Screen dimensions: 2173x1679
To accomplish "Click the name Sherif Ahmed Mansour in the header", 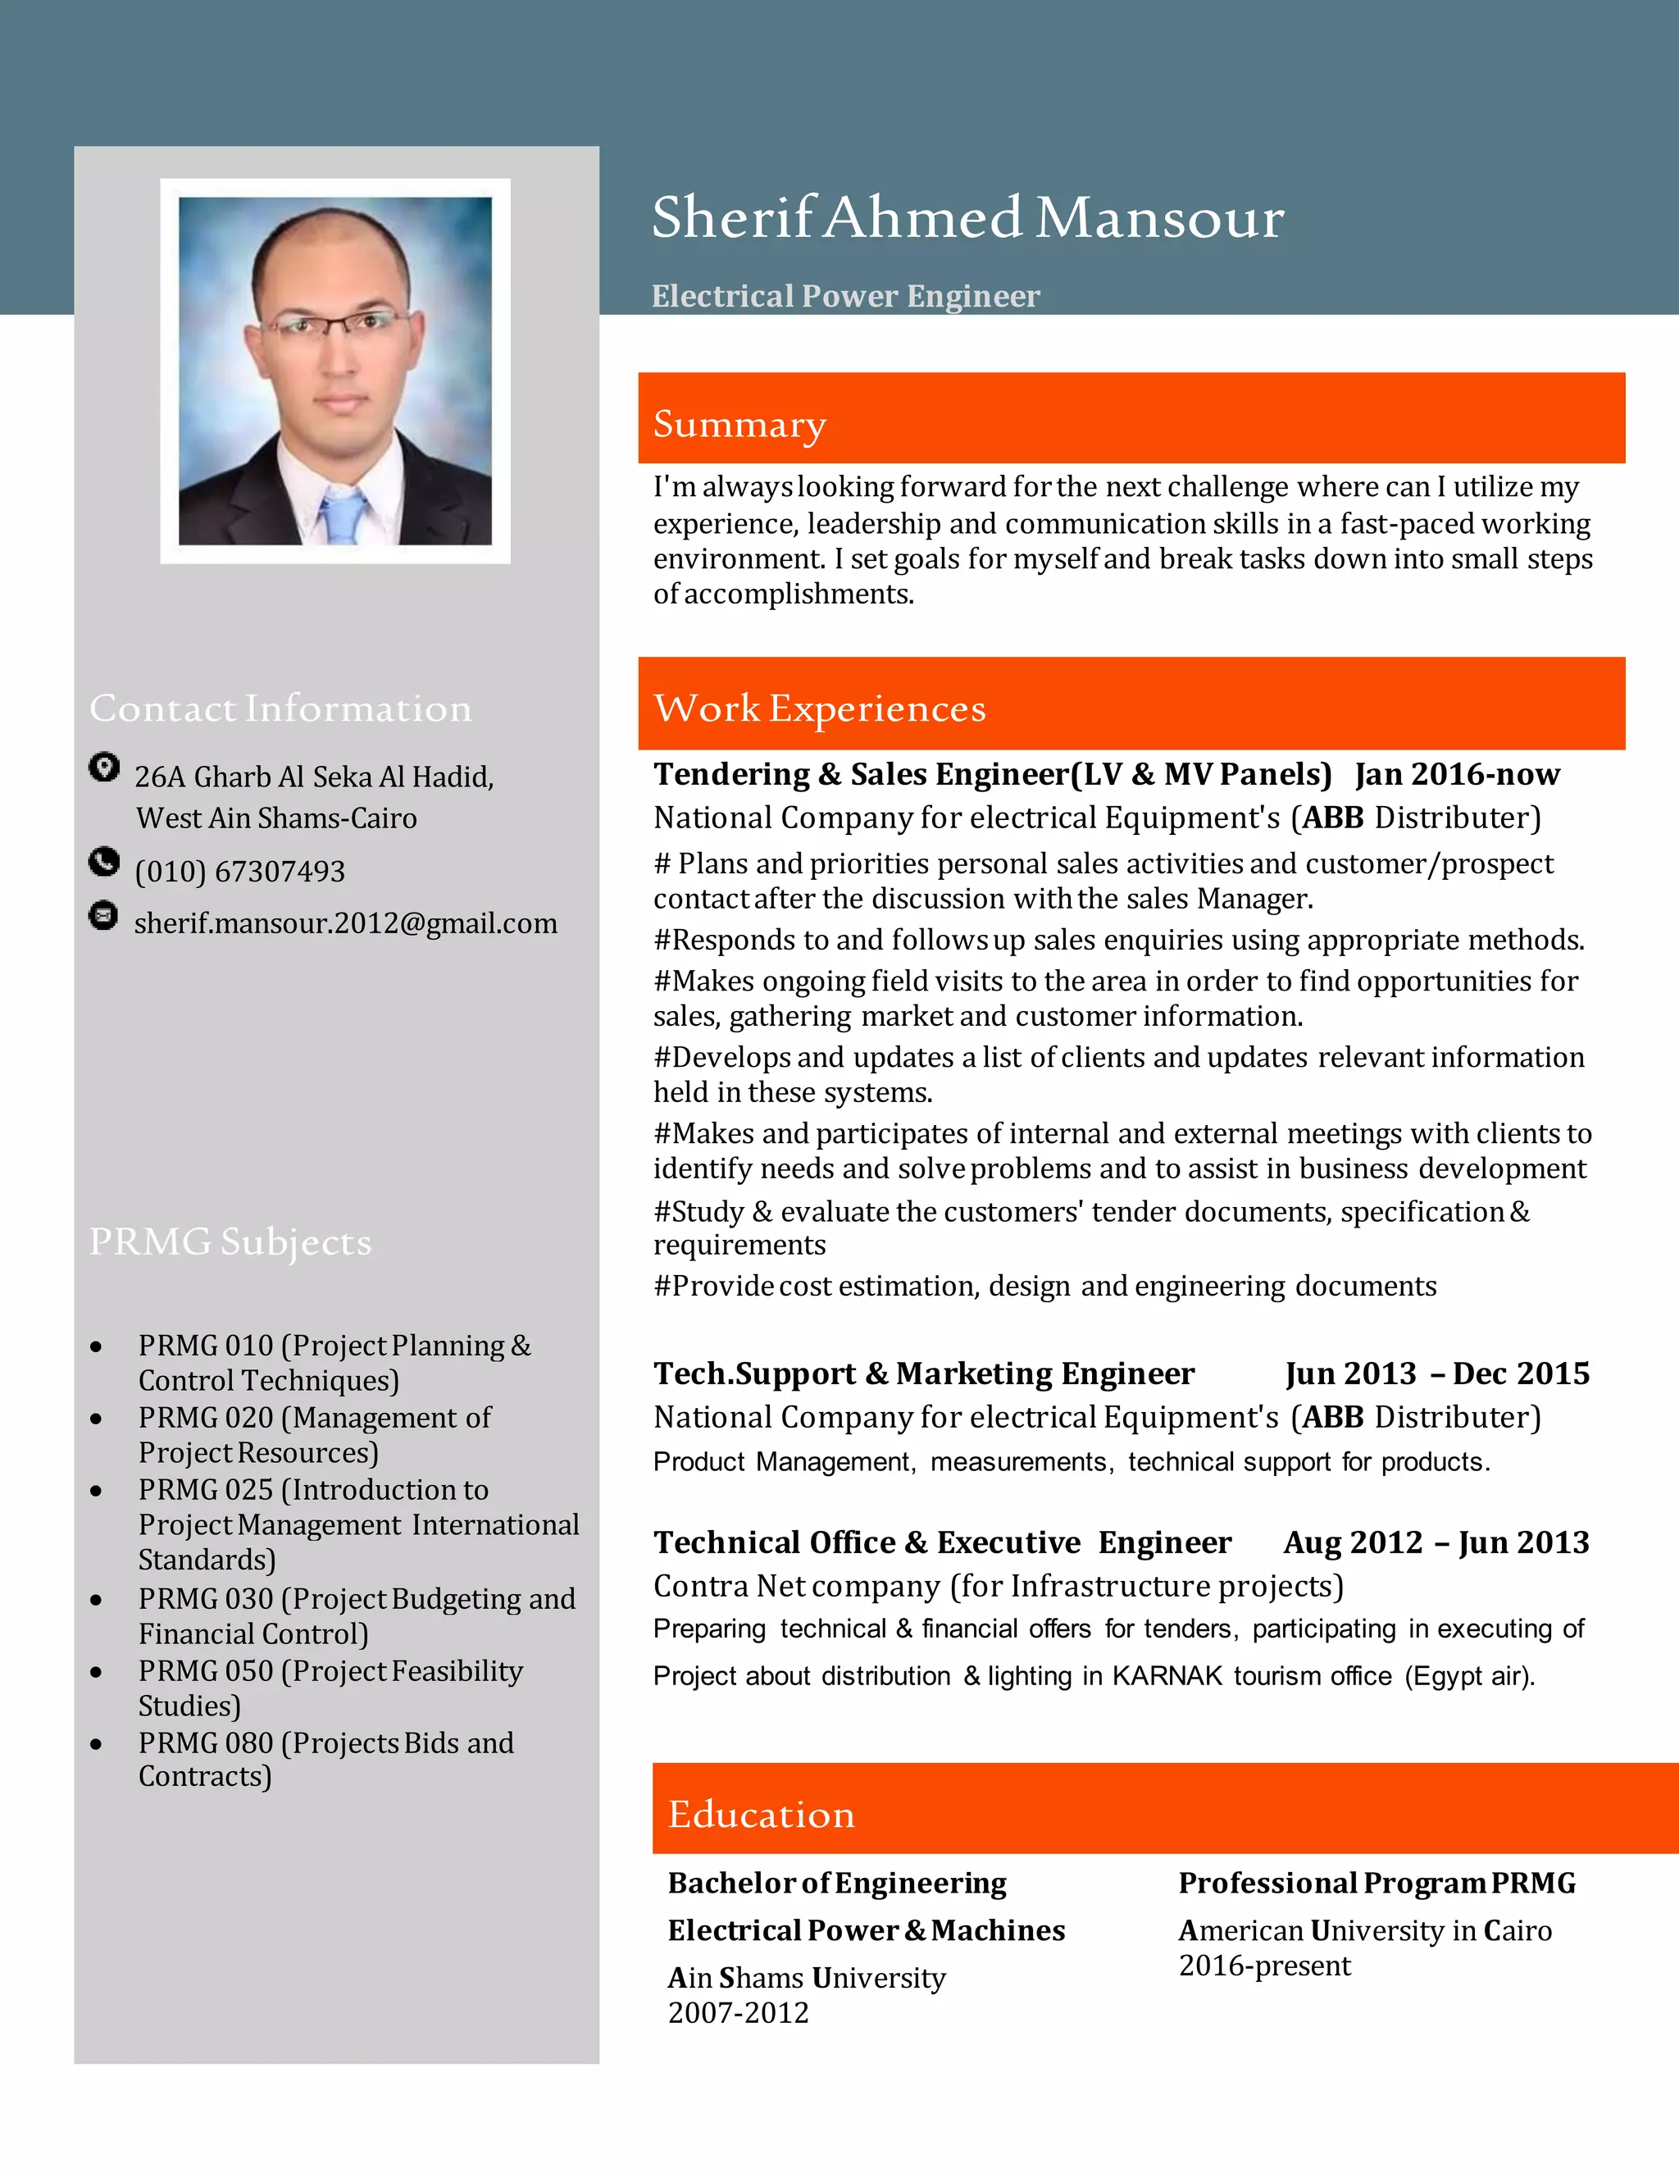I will click(967, 218).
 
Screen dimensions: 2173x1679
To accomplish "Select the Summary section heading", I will click(739, 424).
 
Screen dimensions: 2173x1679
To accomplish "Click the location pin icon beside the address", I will click(103, 768).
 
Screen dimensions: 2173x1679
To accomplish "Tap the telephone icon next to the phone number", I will click(103, 862).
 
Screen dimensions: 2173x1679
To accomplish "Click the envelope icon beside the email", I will click(103, 914).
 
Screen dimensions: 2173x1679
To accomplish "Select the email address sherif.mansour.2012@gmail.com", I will click(345, 923).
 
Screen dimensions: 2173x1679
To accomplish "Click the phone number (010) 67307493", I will click(239, 872).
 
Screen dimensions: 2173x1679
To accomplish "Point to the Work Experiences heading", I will click(819, 708).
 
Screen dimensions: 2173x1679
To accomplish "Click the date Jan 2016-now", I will click(1456, 774).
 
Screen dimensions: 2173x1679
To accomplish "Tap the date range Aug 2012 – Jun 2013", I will click(1436, 1542).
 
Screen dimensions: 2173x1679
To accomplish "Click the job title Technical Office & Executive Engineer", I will click(941, 1542).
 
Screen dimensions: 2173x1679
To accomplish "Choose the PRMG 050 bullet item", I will click(330, 1688).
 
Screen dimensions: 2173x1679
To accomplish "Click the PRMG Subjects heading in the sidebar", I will click(230, 1241).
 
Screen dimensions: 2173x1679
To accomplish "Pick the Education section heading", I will click(761, 1814).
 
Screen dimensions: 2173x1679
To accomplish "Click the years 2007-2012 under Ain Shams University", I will click(738, 2013).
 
